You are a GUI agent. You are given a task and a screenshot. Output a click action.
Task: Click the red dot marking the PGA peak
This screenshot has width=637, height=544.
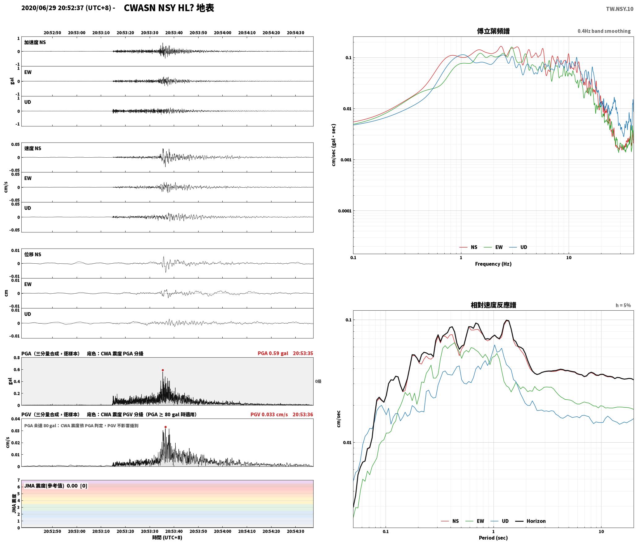[x=163, y=370]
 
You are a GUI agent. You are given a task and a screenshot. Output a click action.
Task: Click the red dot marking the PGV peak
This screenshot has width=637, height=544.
[x=165, y=427]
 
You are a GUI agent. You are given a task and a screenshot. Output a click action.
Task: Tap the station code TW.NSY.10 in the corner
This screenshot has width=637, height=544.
[x=619, y=9]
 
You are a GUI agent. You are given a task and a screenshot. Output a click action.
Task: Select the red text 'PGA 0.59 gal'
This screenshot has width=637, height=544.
[x=273, y=353]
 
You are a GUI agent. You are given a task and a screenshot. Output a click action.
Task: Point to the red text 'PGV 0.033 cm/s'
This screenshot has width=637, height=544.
[x=269, y=414]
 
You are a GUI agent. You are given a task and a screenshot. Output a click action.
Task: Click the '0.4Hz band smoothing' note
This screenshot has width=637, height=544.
[x=604, y=31]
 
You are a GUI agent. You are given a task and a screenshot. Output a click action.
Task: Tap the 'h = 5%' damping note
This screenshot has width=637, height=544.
[x=623, y=305]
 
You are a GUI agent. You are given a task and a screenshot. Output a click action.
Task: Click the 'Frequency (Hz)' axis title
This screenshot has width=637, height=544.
[x=493, y=264]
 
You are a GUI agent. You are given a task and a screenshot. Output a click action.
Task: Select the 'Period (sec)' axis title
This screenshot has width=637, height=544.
[x=493, y=538]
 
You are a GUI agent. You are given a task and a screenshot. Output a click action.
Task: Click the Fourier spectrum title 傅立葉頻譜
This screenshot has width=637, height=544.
[x=493, y=31]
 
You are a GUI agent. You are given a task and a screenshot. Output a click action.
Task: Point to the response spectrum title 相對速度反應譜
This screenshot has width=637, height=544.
[x=493, y=305]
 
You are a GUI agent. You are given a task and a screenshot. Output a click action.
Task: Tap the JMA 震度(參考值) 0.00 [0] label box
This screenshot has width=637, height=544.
[x=56, y=486]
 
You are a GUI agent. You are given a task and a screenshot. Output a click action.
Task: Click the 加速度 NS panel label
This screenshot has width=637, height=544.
[x=35, y=42]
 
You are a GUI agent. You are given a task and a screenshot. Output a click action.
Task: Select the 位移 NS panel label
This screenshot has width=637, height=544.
[x=33, y=254]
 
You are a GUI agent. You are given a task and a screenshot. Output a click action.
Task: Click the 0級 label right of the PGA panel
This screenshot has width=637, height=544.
[x=318, y=381]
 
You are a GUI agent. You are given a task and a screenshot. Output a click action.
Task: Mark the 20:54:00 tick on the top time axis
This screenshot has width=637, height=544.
[x=223, y=32]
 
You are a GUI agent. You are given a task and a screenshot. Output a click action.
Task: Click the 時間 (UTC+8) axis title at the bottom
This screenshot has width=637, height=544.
[x=167, y=538]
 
